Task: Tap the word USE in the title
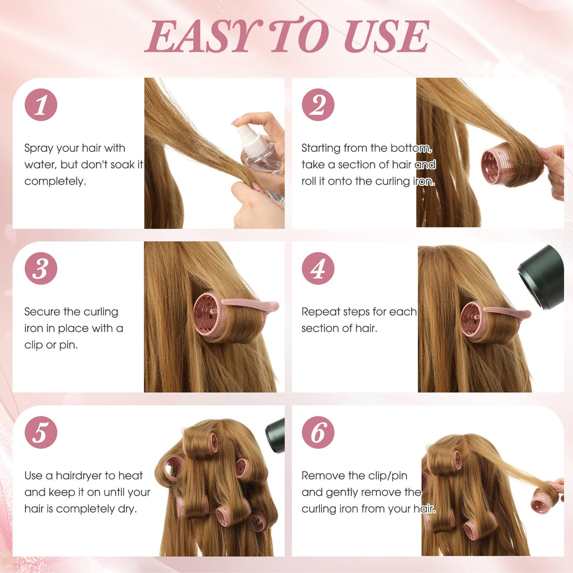[386, 36]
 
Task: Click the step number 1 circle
[41, 105]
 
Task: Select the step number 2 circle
[318, 105]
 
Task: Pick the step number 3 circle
[41, 268]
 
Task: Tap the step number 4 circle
[318, 268]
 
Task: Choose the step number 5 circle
[41, 432]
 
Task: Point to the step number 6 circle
[318, 432]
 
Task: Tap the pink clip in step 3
[250, 305]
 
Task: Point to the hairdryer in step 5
[275, 435]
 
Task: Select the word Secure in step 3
[42, 312]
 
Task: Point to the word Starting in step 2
[321, 149]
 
